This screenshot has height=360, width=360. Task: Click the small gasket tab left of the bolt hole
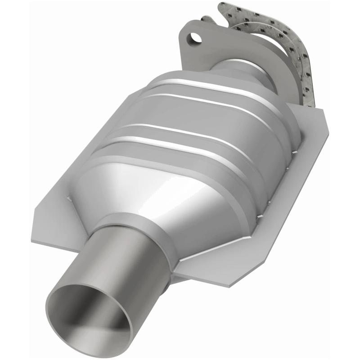tap(205, 20)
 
